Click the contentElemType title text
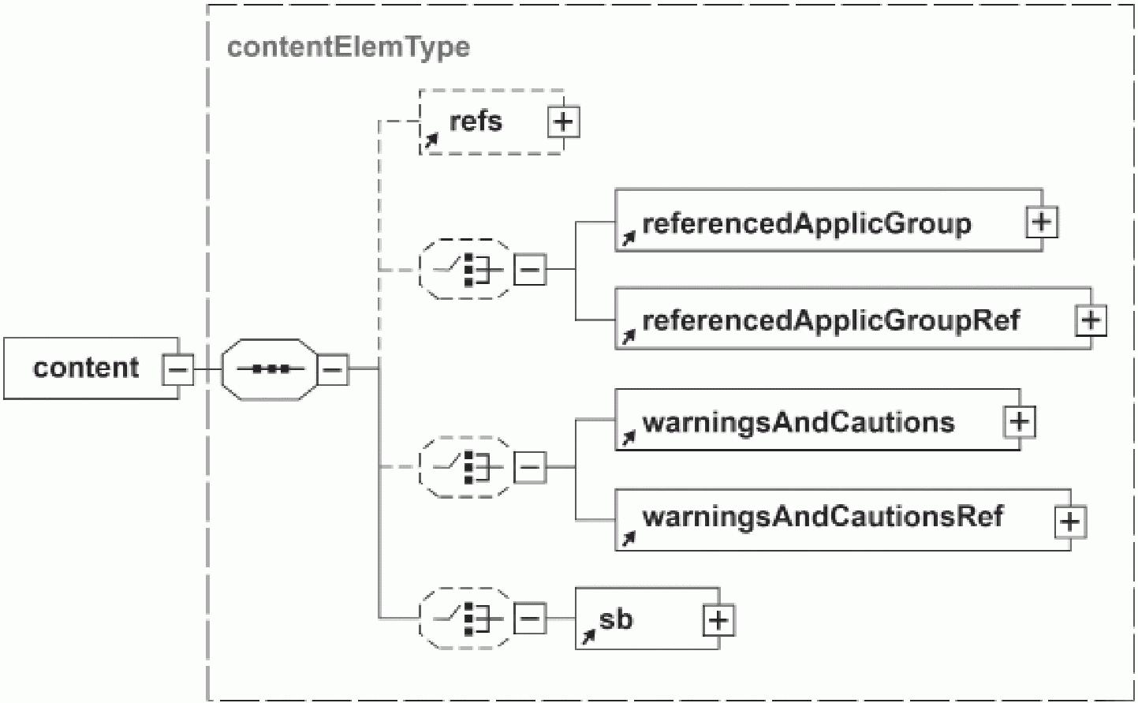click(349, 48)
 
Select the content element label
click(86, 368)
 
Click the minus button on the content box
click(177, 369)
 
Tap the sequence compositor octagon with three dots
click(270, 369)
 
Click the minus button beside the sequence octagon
click(333, 369)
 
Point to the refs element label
click(476, 121)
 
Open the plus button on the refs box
click(563, 122)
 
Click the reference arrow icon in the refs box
click(431, 140)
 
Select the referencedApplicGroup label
click(807, 223)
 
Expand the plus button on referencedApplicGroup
click(1042, 222)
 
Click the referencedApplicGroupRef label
click(831, 320)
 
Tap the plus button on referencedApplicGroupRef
click(1091, 320)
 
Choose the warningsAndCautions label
click(799, 422)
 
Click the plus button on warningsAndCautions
click(1019, 421)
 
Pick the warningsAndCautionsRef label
click(823, 517)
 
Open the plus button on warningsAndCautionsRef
click(1070, 522)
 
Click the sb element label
click(616, 619)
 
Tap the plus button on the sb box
click(719, 620)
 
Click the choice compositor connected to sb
click(465, 619)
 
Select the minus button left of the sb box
click(530, 619)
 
